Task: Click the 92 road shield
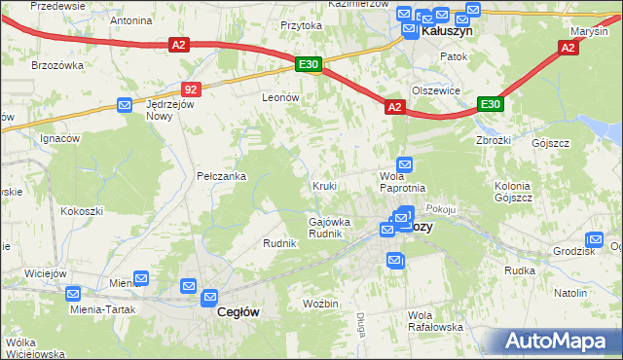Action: pyautogui.click(x=191, y=90)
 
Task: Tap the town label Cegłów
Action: pyautogui.click(x=236, y=312)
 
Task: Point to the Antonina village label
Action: pyautogui.click(x=131, y=19)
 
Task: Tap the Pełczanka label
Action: pyautogui.click(x=221, y=176)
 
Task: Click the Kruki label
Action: pyautogui.click(x=324, y=185)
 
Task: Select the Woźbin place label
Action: pyautogui.click(x=320, y=305)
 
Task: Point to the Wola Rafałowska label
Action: pyautogui.click(x=435, y=321)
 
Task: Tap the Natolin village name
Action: pyautogui.click(x=570, y=293)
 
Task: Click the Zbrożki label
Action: pyautogui.click(x=495, y=138)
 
